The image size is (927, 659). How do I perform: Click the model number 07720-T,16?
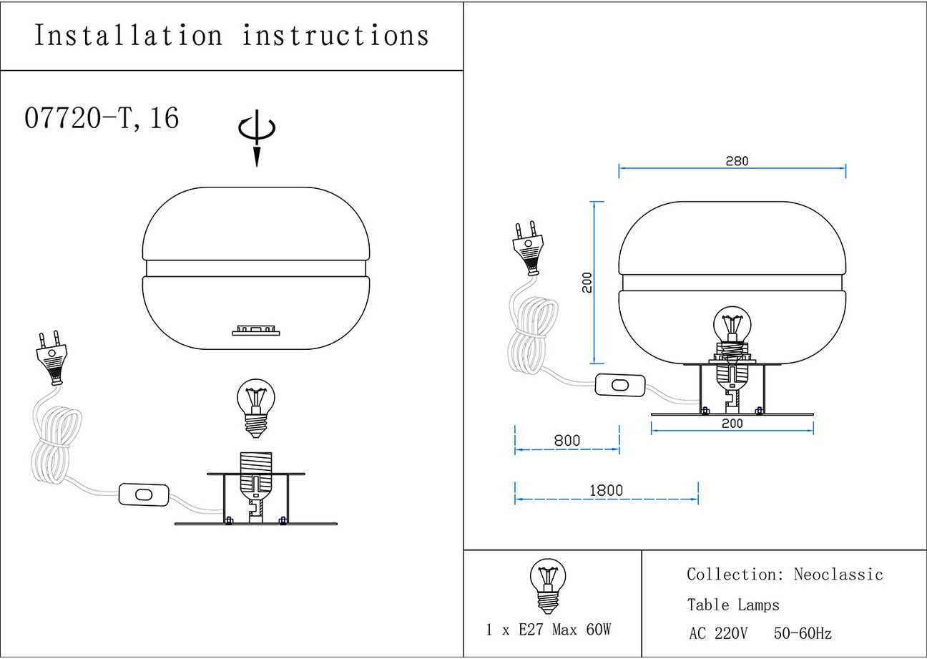tap(102, 118)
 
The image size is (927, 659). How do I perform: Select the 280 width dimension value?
tap(736, 161)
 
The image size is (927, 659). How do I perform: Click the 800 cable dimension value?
tap(567, 441)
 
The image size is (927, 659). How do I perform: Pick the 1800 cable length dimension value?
tap(606, 491)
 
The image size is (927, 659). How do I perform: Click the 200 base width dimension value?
tap(732, 424)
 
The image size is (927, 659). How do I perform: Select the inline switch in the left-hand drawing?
tap(144, 494)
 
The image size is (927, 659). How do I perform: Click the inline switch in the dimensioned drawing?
tap(619, 385)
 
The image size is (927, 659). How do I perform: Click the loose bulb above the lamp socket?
tap(255, 407)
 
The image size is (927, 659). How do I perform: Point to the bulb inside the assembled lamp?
tap(732, 328)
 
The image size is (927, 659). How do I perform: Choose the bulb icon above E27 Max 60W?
tap(547, 586)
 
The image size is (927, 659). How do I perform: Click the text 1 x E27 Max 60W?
tap(549, 630)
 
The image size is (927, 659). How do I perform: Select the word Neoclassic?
tap(838, 575)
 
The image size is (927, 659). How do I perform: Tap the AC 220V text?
tap(718, 634)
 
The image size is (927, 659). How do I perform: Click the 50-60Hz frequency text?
tap(803, 634)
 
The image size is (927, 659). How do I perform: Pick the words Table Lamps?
tap(733, 605)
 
